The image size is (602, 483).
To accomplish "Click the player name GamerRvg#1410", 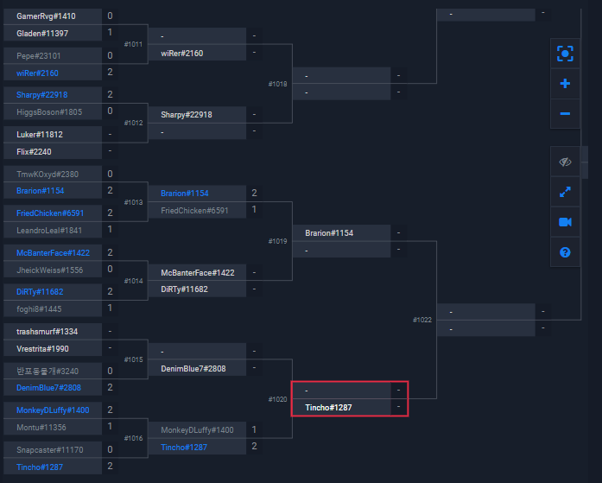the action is pyautogui.click(x=46, y=16).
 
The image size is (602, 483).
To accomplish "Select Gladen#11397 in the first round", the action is pyautogui.click(x=42, y=33).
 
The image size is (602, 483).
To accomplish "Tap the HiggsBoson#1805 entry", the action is pyautogui.click(x=49, y=111).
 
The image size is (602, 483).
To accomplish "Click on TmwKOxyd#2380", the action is pyautogui.click(x=46, y=174).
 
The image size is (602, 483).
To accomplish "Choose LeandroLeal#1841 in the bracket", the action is pyautogui.click(x=49, y=230).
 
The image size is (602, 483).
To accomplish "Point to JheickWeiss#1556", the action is pyautogui.click(x=49, y=270).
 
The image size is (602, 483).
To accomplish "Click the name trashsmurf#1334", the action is pyautogui.click(x=47, y=332).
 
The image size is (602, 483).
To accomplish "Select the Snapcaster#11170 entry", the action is pyautogui.click(x=50, y=449).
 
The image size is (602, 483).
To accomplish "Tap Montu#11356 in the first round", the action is pyautogui.click(x=41, y=427).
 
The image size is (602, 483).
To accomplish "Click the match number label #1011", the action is pyautogui.click(x=134, y=44).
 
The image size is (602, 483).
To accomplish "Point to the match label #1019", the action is pyautogui.click(x=278, y=242).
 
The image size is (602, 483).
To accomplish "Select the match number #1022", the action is pyautogui.click(x=422, y=321).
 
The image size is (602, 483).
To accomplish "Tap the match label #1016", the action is pyautogui.click(x=134, y=438).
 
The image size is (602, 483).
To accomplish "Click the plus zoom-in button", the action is pyautogui.click(x=565, y=84).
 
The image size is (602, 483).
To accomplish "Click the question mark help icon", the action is pyautogui.click(x=565, y=252).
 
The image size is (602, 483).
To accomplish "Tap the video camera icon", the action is pyautogui.click(x=565, y=222).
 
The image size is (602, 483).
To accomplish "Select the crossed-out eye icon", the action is pyautogui.click(x=565, y=162).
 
